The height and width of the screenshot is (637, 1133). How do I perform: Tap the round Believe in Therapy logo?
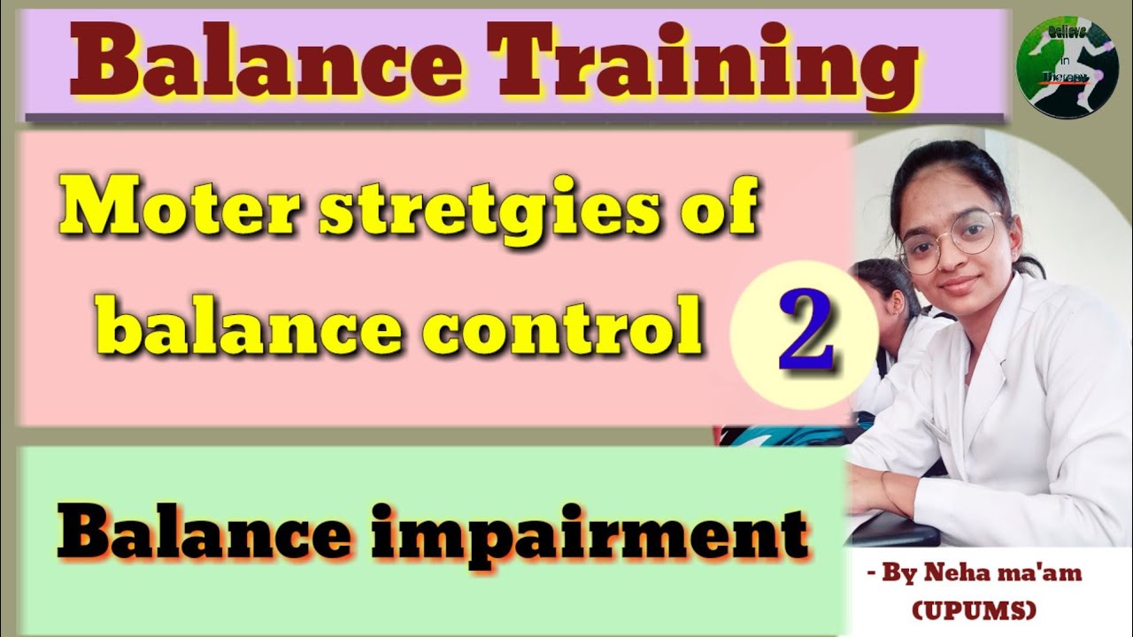1056,67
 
